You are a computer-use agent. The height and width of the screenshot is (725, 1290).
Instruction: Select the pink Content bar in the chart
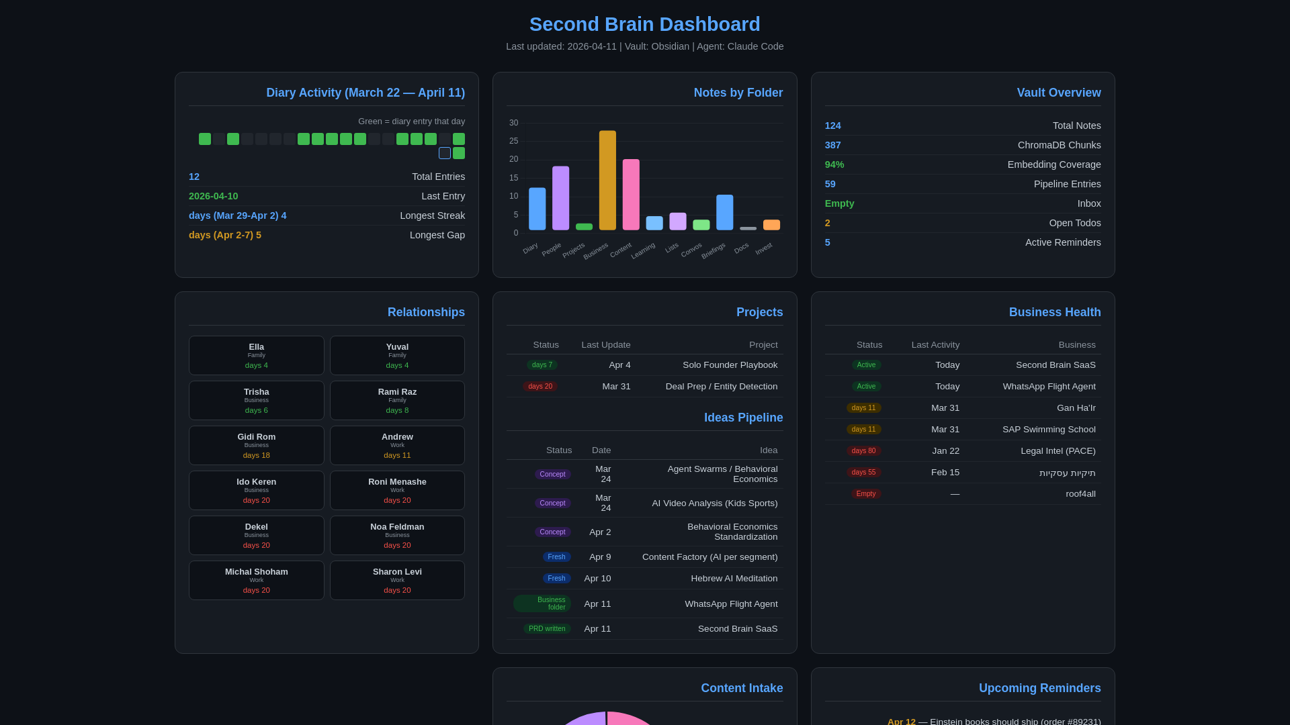point(631,195)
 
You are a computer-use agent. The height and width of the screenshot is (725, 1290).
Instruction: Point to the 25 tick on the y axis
point(514,141)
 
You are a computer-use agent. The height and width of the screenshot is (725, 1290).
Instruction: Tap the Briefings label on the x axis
point(714,250)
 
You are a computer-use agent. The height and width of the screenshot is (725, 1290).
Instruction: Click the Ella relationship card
point(256,355)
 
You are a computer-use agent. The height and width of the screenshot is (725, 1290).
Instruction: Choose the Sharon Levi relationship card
point(397,580)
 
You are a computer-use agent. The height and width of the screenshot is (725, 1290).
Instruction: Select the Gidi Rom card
point(256,445)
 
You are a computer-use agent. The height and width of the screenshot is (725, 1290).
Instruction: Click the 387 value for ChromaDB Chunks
point(832,145)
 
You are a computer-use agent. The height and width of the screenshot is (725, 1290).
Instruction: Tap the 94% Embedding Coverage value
point(834,164)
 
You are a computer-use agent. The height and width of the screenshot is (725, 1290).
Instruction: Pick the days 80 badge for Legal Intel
point(863,451)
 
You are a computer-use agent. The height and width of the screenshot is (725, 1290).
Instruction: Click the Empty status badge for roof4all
point(866,494)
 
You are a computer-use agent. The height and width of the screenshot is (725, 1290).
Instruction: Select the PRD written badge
point(547,629)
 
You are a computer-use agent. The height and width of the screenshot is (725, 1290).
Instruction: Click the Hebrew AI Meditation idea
point(734,579)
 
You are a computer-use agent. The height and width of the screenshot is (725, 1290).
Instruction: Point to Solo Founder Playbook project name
point(730,365)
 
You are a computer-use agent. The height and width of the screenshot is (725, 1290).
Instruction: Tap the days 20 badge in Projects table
point(540,387)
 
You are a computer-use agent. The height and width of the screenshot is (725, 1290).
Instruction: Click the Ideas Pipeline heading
point(743,418)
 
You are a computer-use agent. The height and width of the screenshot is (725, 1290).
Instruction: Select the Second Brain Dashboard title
point(644,24)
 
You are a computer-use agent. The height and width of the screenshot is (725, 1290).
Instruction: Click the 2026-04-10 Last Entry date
point(213,196)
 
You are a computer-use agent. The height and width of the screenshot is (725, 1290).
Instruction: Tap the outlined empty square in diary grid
point(445,153)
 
